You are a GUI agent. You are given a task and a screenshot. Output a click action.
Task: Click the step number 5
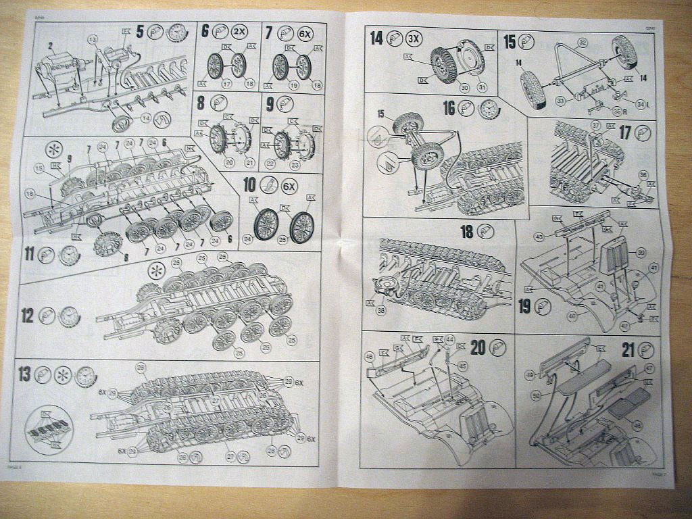click(140, 31)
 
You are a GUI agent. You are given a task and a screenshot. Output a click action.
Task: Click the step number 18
click(467, 232)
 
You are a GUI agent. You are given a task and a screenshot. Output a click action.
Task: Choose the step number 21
click(628, 351)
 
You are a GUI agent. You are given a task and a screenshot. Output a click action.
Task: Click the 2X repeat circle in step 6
click(239, 32)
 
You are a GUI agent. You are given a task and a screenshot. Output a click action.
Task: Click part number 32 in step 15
click(582, 42)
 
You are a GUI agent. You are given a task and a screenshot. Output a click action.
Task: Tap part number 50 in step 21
click(536, 395)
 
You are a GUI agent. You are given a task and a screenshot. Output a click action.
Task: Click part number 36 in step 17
click(642, 174)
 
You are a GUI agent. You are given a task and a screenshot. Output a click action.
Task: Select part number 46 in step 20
click(369, 355)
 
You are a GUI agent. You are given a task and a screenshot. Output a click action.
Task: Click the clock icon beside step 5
click(176, 32)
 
